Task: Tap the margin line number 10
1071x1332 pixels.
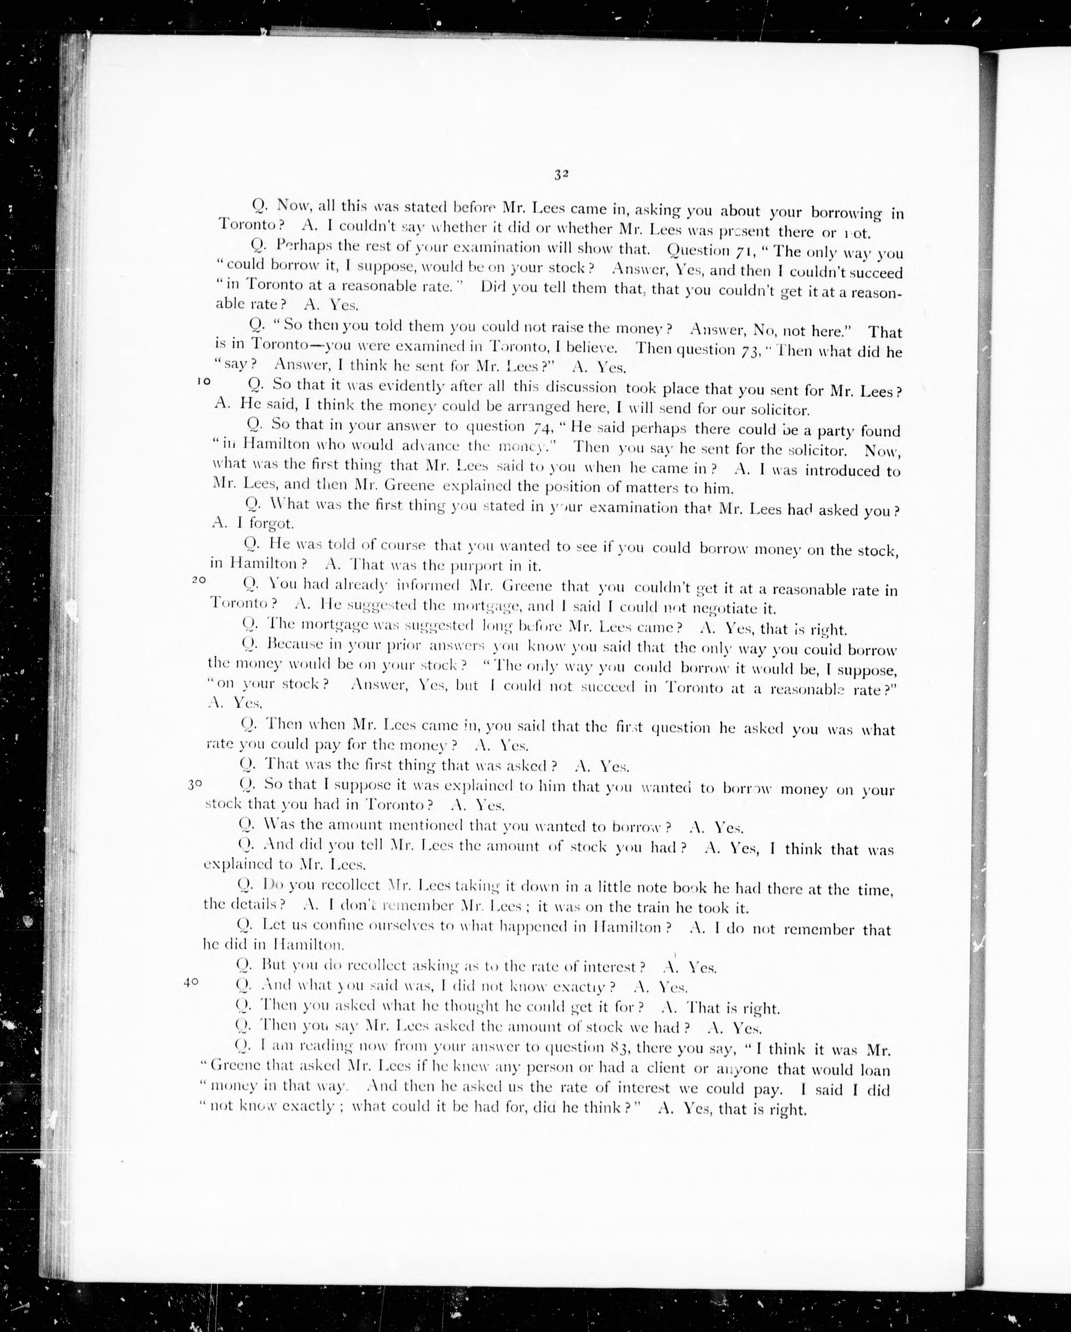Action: coord(204,381)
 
